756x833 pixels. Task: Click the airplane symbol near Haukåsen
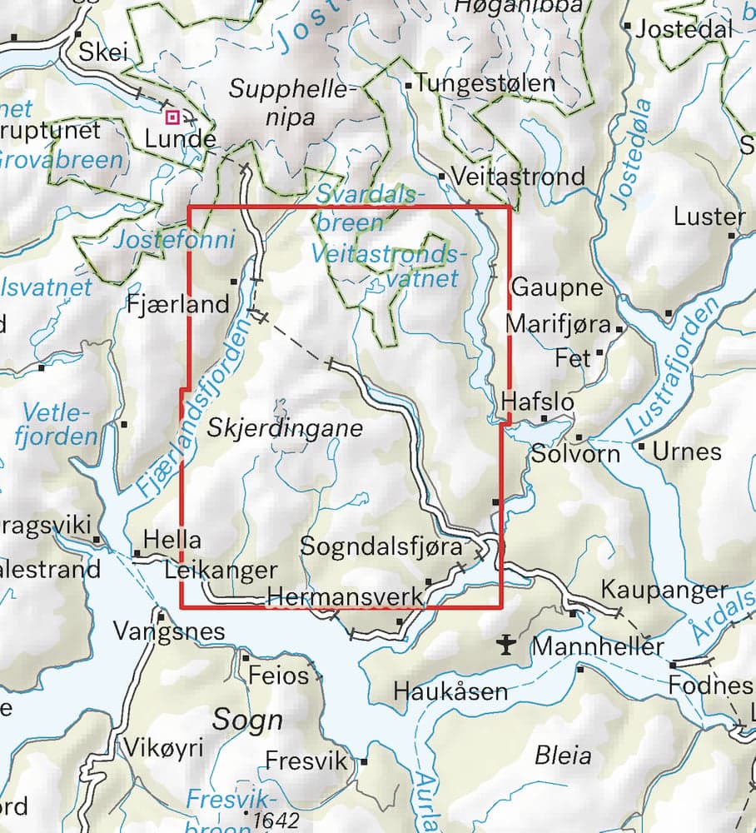[505, 644]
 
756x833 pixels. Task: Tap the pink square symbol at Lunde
[172, 117]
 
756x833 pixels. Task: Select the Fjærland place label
[178, 304]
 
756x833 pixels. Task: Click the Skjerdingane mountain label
[285, 429]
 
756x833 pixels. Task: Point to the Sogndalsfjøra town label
[380, 547]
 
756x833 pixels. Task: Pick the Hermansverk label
[345, 596]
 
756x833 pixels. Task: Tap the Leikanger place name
[220, 571]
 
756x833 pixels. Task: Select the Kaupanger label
[664, 591]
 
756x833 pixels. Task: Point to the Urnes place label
[687, 451]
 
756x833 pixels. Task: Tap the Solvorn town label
[576, 454]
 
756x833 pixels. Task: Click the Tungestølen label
[485, 83]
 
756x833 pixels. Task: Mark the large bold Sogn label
[247, 720]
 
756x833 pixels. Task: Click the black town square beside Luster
[733, 236]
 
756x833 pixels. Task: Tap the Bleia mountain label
[564, 756]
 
